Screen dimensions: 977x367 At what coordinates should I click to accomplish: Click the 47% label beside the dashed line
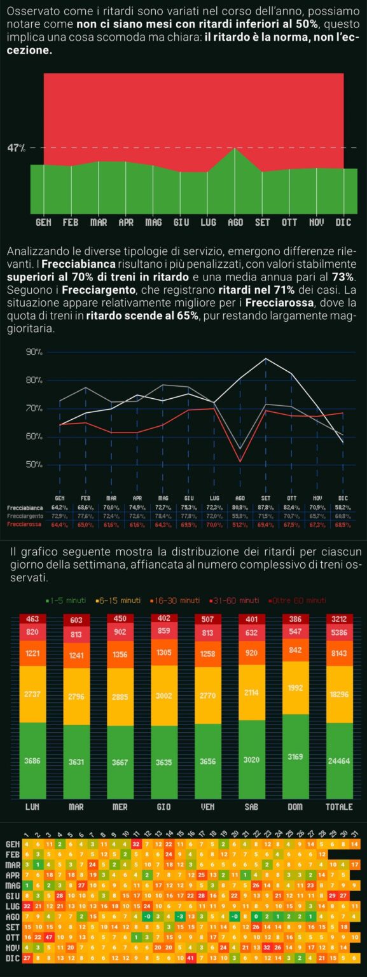tap(16, 148)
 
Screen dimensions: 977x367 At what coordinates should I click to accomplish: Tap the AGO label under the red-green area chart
tap(235, 223)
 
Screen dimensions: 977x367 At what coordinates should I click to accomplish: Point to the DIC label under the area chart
tap(343, 223)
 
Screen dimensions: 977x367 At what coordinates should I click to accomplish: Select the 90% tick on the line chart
tap(34, 352)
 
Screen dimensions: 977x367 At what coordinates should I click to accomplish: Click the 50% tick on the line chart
tap(34, 464)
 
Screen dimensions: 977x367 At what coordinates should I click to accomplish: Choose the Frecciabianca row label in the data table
tap(25, 508)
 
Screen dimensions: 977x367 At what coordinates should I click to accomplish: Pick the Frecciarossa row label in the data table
tap(25, 524)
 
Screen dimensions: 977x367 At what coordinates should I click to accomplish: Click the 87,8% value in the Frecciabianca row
tap(265, 508)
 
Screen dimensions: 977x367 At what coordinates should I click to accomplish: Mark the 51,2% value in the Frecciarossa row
tap(240, 524)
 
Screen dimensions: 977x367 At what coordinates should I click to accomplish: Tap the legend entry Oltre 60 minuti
tap(296, 600)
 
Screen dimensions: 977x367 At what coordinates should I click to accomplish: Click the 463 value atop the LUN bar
tap(32, 619)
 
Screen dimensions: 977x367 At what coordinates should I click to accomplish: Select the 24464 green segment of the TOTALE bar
tap(339, 760)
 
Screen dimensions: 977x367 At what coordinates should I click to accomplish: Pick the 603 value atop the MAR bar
tap(76, 620)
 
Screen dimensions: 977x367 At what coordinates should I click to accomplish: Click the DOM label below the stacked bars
tap(295, 807)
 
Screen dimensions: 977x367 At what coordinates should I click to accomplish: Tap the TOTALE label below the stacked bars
tap(339, 807)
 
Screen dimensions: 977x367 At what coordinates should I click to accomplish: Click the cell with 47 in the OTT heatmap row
tap(48, 938)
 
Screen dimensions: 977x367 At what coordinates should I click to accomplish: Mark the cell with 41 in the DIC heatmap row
tap(190, 957)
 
